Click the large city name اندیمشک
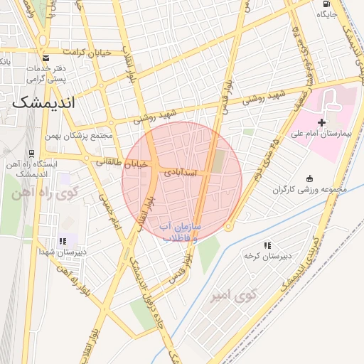point(43,102)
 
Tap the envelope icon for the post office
point(45,58)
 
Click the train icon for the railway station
point(31,154)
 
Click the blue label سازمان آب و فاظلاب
point(180,233)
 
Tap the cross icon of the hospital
point(321,123)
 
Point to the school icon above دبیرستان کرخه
point(267,245)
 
